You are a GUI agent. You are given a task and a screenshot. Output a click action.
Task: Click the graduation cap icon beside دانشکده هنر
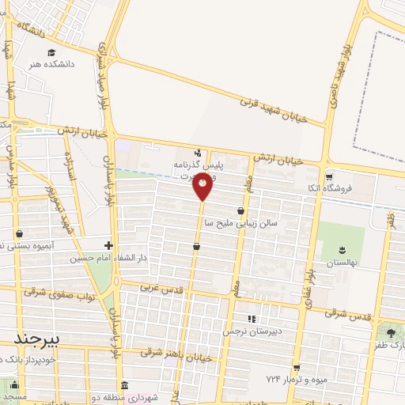51,52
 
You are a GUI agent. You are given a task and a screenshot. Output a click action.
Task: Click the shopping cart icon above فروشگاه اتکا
328,177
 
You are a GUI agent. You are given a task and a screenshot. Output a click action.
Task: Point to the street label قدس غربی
160,290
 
